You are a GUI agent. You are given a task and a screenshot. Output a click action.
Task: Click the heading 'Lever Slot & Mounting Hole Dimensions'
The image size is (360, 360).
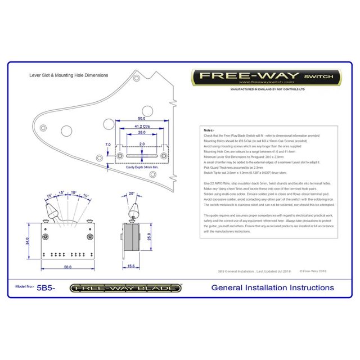coord(68,74)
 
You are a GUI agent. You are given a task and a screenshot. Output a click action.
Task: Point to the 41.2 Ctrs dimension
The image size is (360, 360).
coord(141,127)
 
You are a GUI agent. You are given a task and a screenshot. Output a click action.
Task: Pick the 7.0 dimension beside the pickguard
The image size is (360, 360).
coord(108,145)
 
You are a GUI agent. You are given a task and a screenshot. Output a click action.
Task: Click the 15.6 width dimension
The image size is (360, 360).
coord(130,266)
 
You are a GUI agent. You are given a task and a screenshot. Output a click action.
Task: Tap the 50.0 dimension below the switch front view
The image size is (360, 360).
coord(67,266)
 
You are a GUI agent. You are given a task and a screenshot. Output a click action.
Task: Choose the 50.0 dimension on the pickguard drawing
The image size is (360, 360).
coord(141,119)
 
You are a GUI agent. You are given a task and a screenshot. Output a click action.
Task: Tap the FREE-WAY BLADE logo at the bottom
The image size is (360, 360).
coord(125,288)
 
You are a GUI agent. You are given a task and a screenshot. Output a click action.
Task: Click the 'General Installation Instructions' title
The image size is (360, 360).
coord(272,287)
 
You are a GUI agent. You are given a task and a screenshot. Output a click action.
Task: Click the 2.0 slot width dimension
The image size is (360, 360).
coord(141,145)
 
